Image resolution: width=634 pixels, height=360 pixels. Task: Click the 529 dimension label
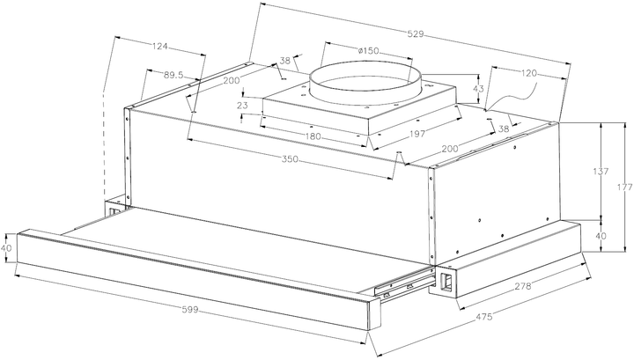(x=416, y=34)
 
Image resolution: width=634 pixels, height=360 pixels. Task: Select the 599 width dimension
(x=190, y=310)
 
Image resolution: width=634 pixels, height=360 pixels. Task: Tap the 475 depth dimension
(x=484, y=317)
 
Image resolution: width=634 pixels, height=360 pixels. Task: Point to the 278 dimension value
(x=523, y=286)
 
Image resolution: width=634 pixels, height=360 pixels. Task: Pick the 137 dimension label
(x=601, y=172)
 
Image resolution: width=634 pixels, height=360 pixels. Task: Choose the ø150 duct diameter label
(x=368, y=51)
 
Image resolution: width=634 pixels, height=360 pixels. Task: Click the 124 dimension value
(x=159, y=47)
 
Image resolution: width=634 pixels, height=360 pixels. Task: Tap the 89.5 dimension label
(x=173, y=75)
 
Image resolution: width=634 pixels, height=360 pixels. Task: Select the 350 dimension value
(x=290, y=159)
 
